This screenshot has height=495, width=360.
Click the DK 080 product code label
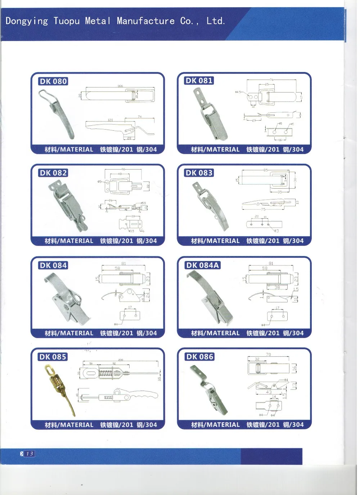(x=53, y=81)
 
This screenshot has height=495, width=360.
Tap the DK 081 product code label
(x=199, y=80)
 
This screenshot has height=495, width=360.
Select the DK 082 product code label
(x=53, y=173)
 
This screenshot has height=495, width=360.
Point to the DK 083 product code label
(x=199, y=173)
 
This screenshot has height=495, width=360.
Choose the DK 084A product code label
(x=202, y=265)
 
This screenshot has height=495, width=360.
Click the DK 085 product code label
(x=53, y=357)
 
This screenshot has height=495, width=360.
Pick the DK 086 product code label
(x=199, y=357)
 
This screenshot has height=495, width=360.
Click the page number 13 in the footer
(x=30, y=454)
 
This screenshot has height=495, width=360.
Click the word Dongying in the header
(x=27, y=21)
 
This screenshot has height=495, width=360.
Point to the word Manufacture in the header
(x=145, y=21)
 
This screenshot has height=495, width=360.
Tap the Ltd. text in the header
(x=216, y=21)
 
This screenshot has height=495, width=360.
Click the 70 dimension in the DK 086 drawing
(x=268, y=354)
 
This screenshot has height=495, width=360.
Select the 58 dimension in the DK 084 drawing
(x=117, y=268)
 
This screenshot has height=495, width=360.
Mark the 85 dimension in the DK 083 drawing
(x=266, y=170)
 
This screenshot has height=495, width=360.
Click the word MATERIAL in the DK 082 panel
(x=76, y=241)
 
